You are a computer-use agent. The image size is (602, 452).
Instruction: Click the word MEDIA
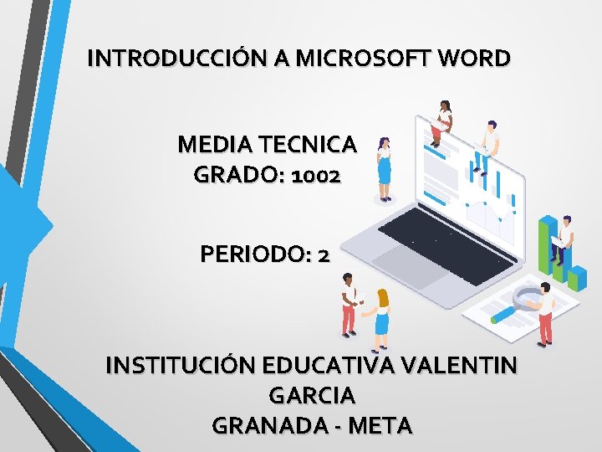(209, 145)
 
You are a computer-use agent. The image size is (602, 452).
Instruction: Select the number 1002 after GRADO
(314, 176)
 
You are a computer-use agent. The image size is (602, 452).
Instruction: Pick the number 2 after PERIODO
(324, 254)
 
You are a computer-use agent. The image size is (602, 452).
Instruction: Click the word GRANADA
(267, 424)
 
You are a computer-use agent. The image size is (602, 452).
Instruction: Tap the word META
(380, 424)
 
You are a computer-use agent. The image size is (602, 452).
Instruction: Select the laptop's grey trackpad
(402, 260)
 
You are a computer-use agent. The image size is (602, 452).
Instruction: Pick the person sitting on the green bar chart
(564, 239)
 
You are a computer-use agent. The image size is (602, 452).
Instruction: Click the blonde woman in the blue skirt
(382, 317)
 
